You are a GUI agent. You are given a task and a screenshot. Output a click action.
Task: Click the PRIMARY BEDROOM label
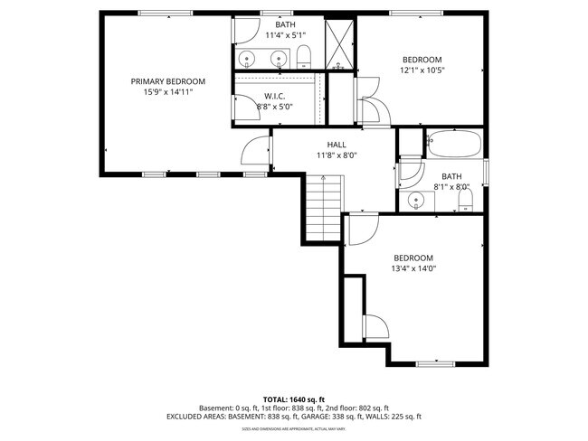point(167,81)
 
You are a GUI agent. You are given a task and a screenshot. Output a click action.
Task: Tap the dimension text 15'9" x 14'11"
point(167,92)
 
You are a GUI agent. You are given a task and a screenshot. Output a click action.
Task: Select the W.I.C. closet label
point(276,96)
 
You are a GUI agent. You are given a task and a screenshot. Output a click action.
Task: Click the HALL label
point(337,145)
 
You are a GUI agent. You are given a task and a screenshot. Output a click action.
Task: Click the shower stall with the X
point(341,42)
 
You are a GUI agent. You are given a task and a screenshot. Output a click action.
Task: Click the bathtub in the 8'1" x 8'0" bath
point(454,143)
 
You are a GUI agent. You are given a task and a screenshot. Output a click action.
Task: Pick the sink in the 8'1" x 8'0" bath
point(417,200)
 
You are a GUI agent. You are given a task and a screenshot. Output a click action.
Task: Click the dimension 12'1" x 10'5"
point(422,70)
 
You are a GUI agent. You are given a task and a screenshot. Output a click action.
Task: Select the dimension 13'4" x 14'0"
point(413,268)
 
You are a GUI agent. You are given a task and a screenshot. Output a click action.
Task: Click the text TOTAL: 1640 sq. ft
point(293,399)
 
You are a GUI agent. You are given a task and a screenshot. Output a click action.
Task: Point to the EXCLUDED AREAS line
point(293,417)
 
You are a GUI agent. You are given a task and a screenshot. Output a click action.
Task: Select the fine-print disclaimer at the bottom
point(293,429)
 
